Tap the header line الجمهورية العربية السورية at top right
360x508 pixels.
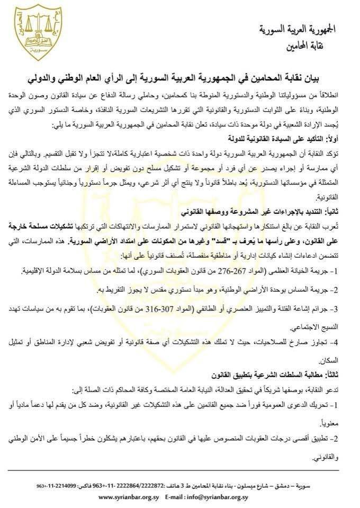coord(307,30)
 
